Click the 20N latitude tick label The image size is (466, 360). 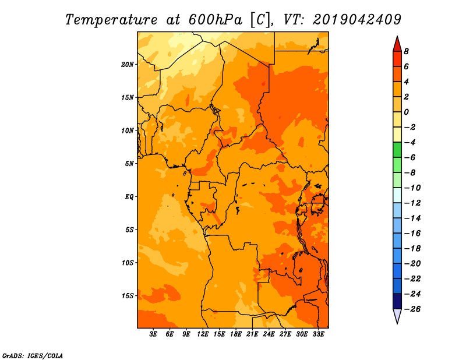tap(127, 65)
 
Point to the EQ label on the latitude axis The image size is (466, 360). tap(129, 197)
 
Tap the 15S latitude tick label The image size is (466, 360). tap(127, 296)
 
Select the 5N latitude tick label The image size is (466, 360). tap(129, 164)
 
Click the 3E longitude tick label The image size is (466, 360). tap(153, 334)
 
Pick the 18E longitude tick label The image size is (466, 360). tap(236, 334)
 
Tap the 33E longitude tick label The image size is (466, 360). tap(318, 334)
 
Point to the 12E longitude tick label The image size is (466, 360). tap(203, 334)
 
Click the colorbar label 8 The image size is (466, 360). tap(406, 51)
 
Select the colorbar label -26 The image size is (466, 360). tap(412, 309)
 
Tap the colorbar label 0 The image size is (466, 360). tap(406, 112)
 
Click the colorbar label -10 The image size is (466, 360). tap(412, 188)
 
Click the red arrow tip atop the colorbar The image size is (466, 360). tap(397, 37)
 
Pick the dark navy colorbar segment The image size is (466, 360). tap(397, 301)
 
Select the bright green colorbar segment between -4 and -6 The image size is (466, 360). tap(397, 150)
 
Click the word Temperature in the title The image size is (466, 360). tap(111, 20)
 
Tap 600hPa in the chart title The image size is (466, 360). tap(216, 20)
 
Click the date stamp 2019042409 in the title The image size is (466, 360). tap(357, 20)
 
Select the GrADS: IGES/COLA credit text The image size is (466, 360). tap(33, 356)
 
